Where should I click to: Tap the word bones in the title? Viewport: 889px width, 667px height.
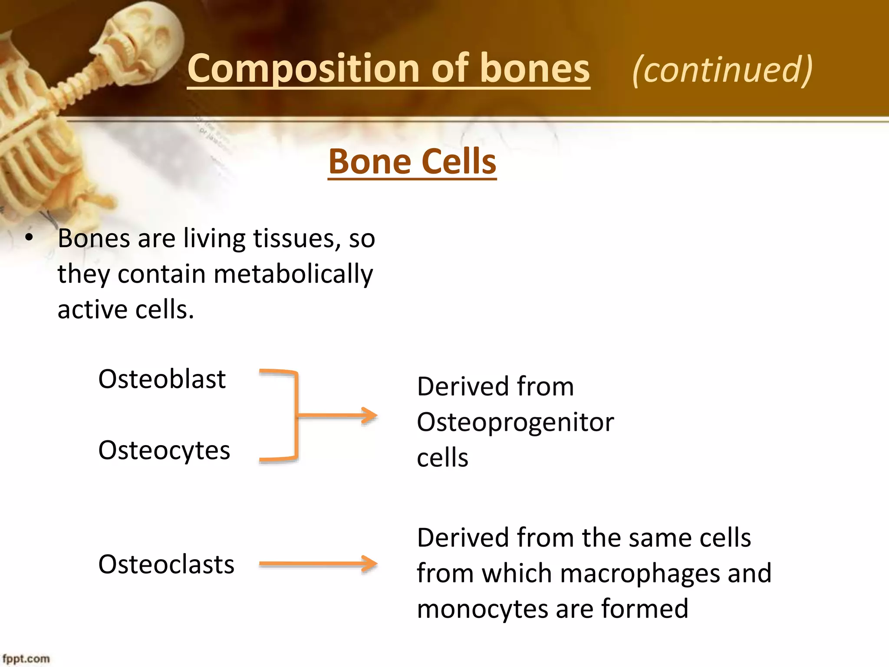coord(535,69)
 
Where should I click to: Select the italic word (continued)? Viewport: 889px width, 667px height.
coord(722,69)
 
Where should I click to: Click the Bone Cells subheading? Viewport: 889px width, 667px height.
coord(412,162)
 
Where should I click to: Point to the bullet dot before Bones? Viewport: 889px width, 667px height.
coord(29,238)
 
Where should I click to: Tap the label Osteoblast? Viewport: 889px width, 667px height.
coord(162,379)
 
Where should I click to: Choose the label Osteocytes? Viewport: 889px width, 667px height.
coord(164,450)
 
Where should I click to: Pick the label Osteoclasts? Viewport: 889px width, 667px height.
coord(166,565)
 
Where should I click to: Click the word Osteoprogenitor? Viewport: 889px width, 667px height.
coord(515,423)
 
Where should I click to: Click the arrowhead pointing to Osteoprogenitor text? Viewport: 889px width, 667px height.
coord(370,416)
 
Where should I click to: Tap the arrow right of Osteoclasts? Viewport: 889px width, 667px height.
coord(318,564)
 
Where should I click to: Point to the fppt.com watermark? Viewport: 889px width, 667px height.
coord(26,659)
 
